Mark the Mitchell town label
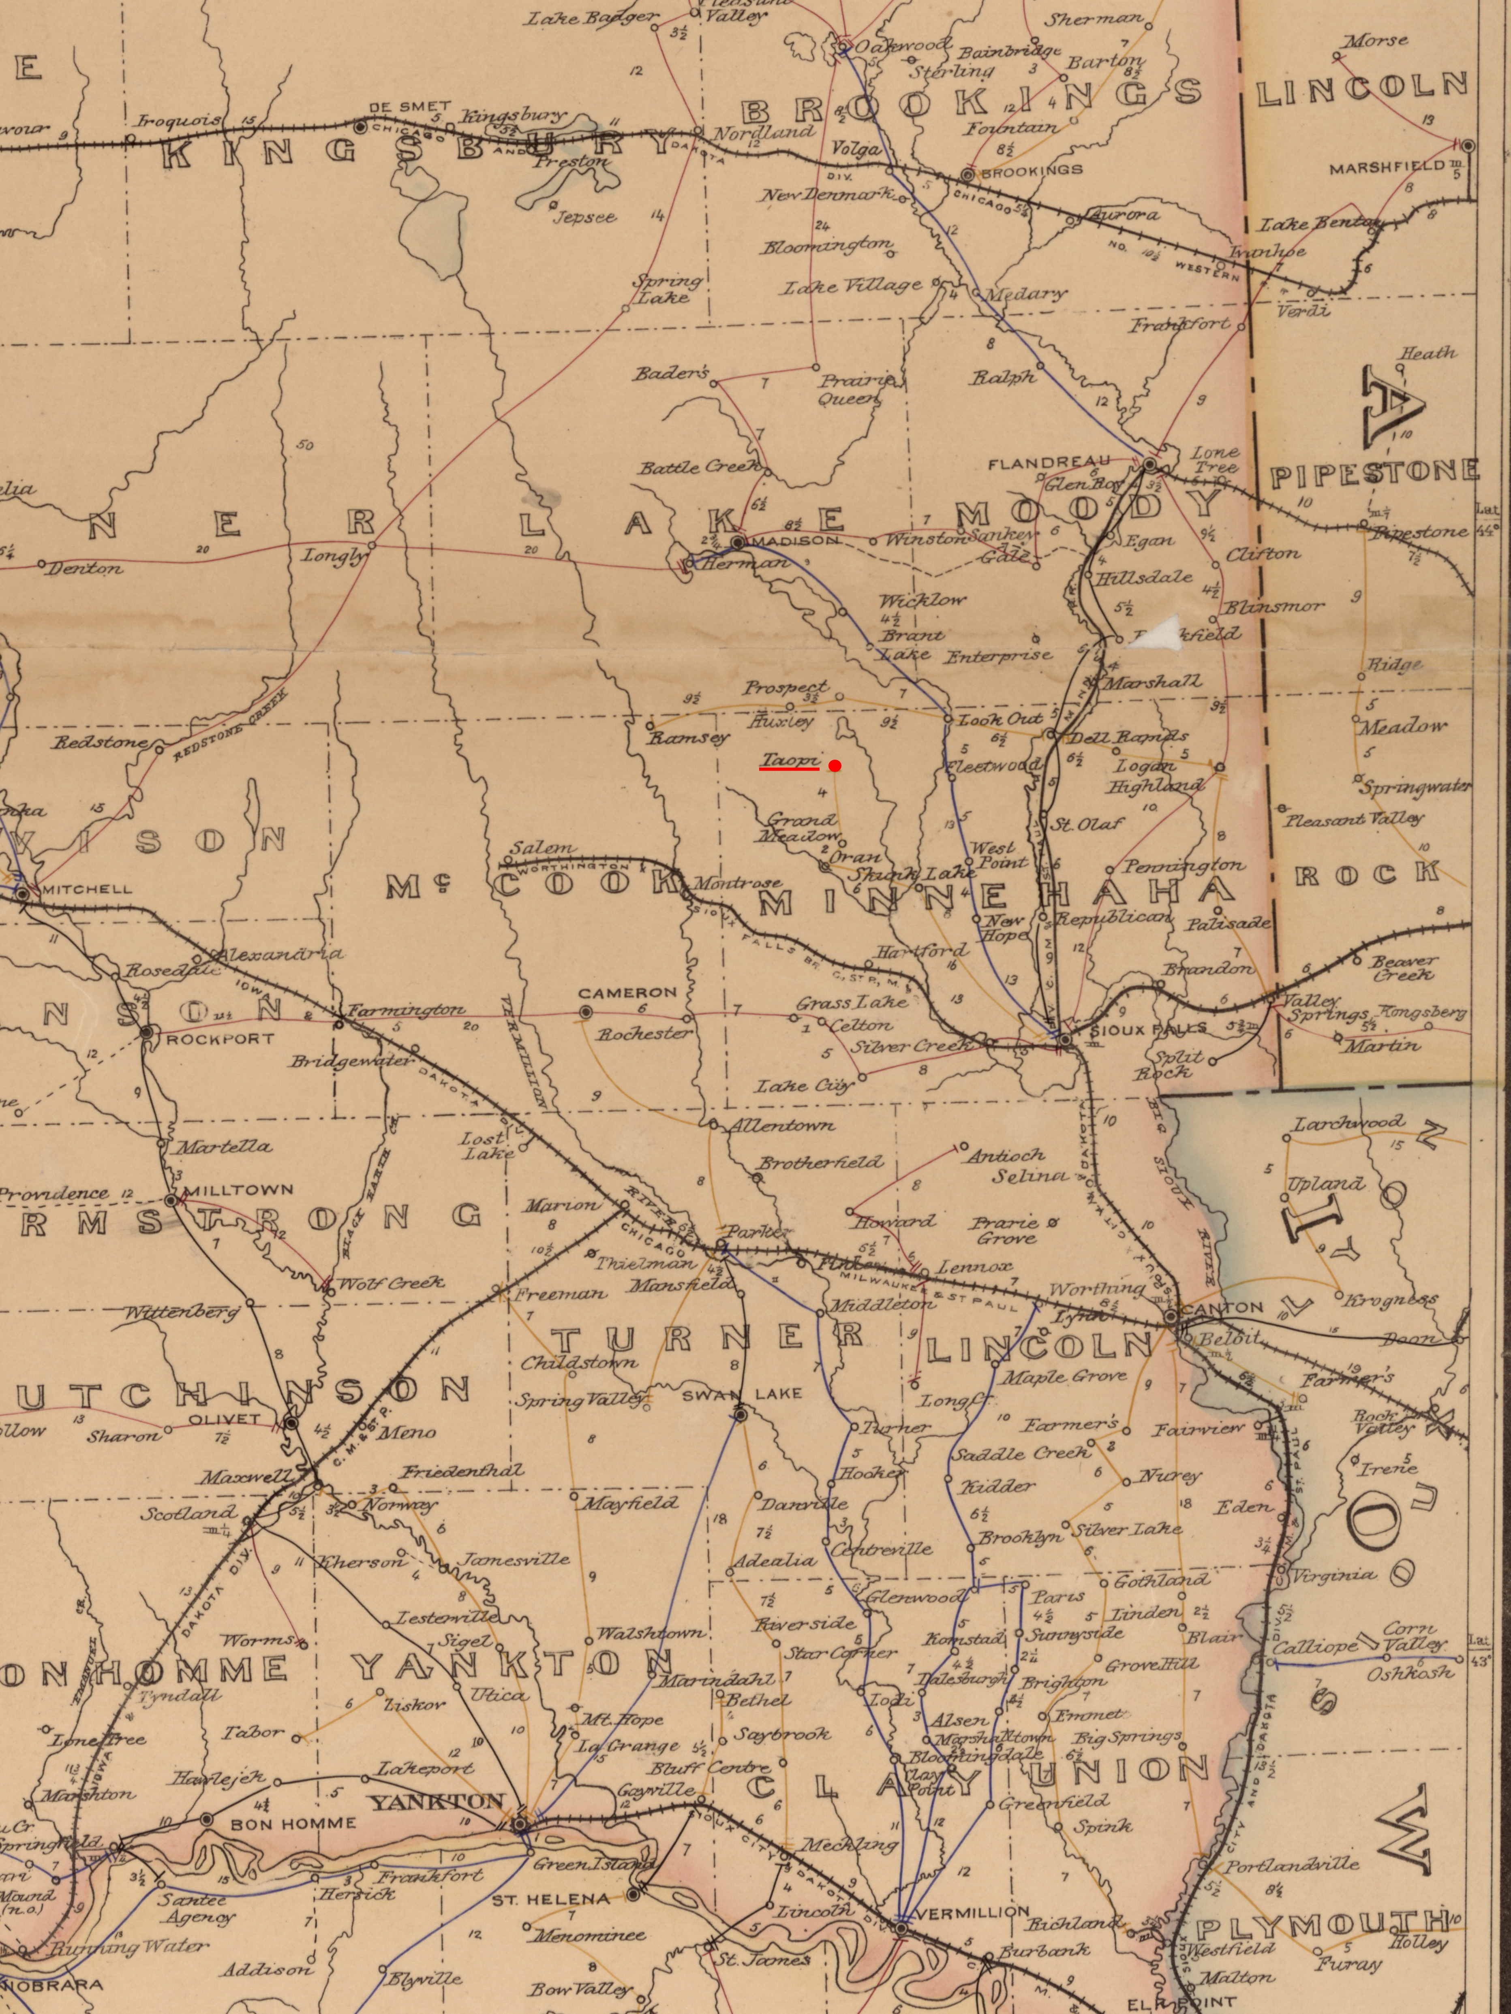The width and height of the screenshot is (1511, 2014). (x=86, y=888)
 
